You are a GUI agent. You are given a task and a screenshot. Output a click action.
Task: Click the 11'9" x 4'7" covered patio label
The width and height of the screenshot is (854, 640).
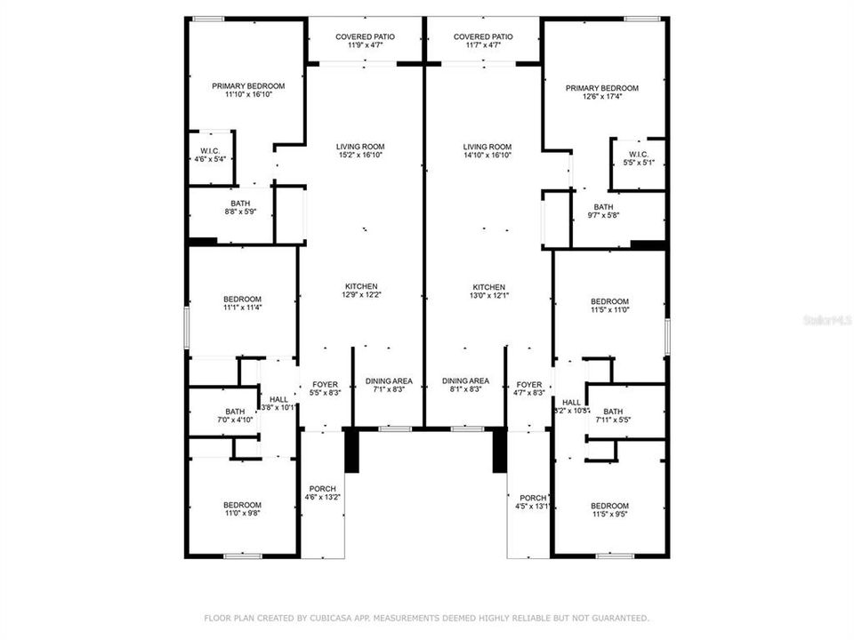(365, 41)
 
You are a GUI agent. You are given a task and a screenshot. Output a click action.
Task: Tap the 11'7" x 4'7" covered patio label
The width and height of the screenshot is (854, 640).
(483, 41)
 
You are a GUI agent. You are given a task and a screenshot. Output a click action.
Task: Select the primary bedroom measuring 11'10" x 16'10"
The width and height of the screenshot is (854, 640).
(248, 90)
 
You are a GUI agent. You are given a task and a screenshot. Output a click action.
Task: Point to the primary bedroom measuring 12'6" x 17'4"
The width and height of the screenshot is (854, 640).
(603, 92)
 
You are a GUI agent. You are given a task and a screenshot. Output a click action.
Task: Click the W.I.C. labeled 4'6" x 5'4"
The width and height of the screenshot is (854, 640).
(210, 155)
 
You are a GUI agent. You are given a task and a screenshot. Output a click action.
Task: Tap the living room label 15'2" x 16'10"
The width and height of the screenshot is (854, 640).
(360, 151)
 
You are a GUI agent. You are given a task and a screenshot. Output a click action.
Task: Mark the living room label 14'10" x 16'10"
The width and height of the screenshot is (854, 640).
(487, 151)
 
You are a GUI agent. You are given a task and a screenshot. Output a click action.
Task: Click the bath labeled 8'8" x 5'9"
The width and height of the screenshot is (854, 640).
(240, 207)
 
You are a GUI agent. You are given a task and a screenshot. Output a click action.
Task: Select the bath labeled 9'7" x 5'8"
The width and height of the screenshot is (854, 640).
(604, 211)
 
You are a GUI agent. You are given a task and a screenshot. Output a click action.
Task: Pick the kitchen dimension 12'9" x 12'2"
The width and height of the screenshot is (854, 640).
(361, 291)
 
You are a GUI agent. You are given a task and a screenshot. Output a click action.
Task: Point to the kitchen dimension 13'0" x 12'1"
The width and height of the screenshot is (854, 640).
(488, 292)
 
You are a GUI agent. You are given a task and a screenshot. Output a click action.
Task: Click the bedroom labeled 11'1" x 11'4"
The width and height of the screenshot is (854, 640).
(242, 303)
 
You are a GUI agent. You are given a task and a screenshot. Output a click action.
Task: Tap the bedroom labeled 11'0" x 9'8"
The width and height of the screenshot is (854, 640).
(242, 509)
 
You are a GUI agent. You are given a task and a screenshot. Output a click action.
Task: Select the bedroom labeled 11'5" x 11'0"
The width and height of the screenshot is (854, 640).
(609, 306)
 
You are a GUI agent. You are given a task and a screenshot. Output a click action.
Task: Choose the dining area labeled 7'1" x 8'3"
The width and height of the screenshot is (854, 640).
(388, 385)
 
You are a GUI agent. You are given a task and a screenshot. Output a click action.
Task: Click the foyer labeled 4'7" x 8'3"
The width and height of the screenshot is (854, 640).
(528, 388)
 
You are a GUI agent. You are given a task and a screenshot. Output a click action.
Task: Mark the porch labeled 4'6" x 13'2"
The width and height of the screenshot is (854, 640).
(322, 493)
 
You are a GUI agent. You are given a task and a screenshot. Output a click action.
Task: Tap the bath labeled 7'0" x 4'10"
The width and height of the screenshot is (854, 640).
(235, 416)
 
